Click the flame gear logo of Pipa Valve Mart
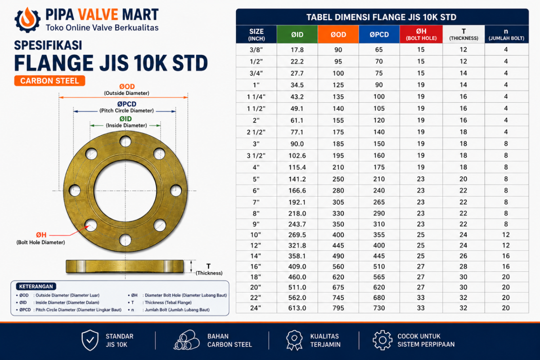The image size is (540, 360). click(x=27, y=20)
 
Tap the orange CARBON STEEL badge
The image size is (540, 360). click(x=49, y=81)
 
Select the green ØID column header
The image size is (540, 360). click(x=297, y=35)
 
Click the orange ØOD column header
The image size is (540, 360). click(x=338, y=35)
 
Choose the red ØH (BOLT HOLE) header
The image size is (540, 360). click(x=421, y=35)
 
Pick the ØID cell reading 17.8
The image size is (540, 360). click(x=297, y=49)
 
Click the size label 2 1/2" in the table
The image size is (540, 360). click(x=256, y=132)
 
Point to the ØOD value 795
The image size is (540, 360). click(x=338, y=308)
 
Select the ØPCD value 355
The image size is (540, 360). click(x=379, y=234)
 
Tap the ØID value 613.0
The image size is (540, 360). click(x=297, y=308)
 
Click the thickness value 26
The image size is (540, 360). click(x=463, y=256)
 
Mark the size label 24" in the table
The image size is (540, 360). click(x=256, y=308)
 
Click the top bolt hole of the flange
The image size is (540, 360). click(x=126, y=141)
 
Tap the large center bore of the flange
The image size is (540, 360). click(x=125, y=190)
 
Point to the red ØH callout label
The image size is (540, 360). click(x=41, y=234)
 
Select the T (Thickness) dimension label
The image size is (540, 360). click(x=209, y=270)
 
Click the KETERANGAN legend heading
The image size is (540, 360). click(x=36, y=287)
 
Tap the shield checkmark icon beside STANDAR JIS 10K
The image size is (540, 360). click(x=90, y=340)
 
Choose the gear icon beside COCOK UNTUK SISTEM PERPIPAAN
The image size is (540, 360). click(x=382, y=340)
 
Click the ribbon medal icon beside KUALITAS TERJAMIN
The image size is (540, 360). click(x=294, y=340)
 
